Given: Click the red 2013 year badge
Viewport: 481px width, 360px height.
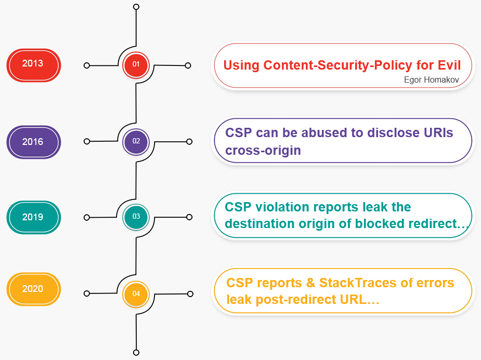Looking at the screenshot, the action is pos(34,65).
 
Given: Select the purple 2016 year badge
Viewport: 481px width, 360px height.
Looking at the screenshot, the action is pos(34,142).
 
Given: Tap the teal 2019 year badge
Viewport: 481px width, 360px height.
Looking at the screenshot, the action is pos(34,217).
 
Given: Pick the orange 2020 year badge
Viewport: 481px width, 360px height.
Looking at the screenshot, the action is pos(34,289).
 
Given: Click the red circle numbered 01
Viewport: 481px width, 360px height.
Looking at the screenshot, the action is pos(136,65).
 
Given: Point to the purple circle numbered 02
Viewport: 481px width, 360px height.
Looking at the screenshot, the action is pos(136,142).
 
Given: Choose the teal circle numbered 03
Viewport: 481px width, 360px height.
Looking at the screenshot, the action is pos(136,217).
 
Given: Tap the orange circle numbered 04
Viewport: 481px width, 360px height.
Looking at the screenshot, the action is pos(136,294).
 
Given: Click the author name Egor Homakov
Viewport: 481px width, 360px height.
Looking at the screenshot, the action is pos(431,80).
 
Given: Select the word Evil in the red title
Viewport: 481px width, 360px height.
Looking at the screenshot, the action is pos(449,65).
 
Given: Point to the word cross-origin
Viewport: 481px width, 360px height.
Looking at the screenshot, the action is pos(263,151).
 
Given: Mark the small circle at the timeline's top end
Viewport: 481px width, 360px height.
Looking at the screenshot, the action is pos(136,7).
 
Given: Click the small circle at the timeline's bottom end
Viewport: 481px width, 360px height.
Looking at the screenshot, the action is pos(136,352).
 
